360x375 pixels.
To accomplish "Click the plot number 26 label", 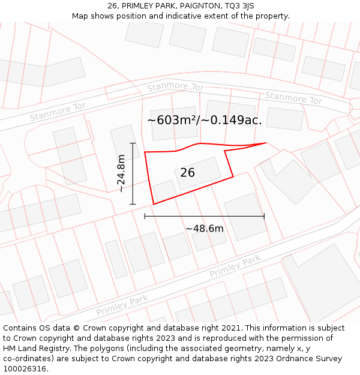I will [x=187, y=173].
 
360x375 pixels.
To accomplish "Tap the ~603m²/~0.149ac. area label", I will [x=205, y=120].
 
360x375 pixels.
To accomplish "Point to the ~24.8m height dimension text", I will [x=121, y=173].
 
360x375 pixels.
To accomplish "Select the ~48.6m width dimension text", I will [x=204, y=229].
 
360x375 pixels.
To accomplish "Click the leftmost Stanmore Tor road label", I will [x=58, y=111].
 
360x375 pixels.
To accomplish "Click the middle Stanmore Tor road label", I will [x=175, y=87].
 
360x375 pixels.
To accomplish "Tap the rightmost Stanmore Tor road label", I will [x=293, y=98].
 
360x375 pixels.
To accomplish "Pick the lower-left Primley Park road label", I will [x=122, y=306].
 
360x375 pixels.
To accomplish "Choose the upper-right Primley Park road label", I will [x=235, y=266].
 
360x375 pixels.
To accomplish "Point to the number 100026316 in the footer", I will [x=25, y=369].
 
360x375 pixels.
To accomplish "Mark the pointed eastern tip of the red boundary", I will [x=266, y=143].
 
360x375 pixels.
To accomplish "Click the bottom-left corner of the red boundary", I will [x=154, y=204].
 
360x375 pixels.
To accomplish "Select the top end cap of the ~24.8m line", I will [x=133, y=143].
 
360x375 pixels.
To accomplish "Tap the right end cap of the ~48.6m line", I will [x=264, y=216].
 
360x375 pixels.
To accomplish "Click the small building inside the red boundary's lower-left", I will [x=164, y=191].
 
